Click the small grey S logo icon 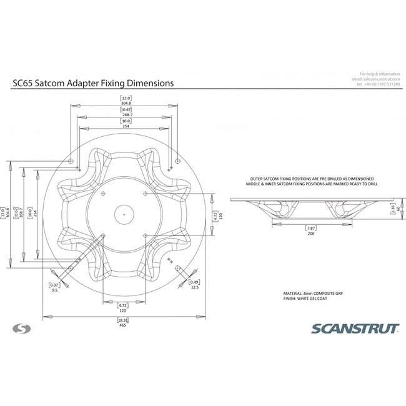(21, 327)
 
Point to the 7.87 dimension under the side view (309, 230)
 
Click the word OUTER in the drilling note (256, 178)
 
